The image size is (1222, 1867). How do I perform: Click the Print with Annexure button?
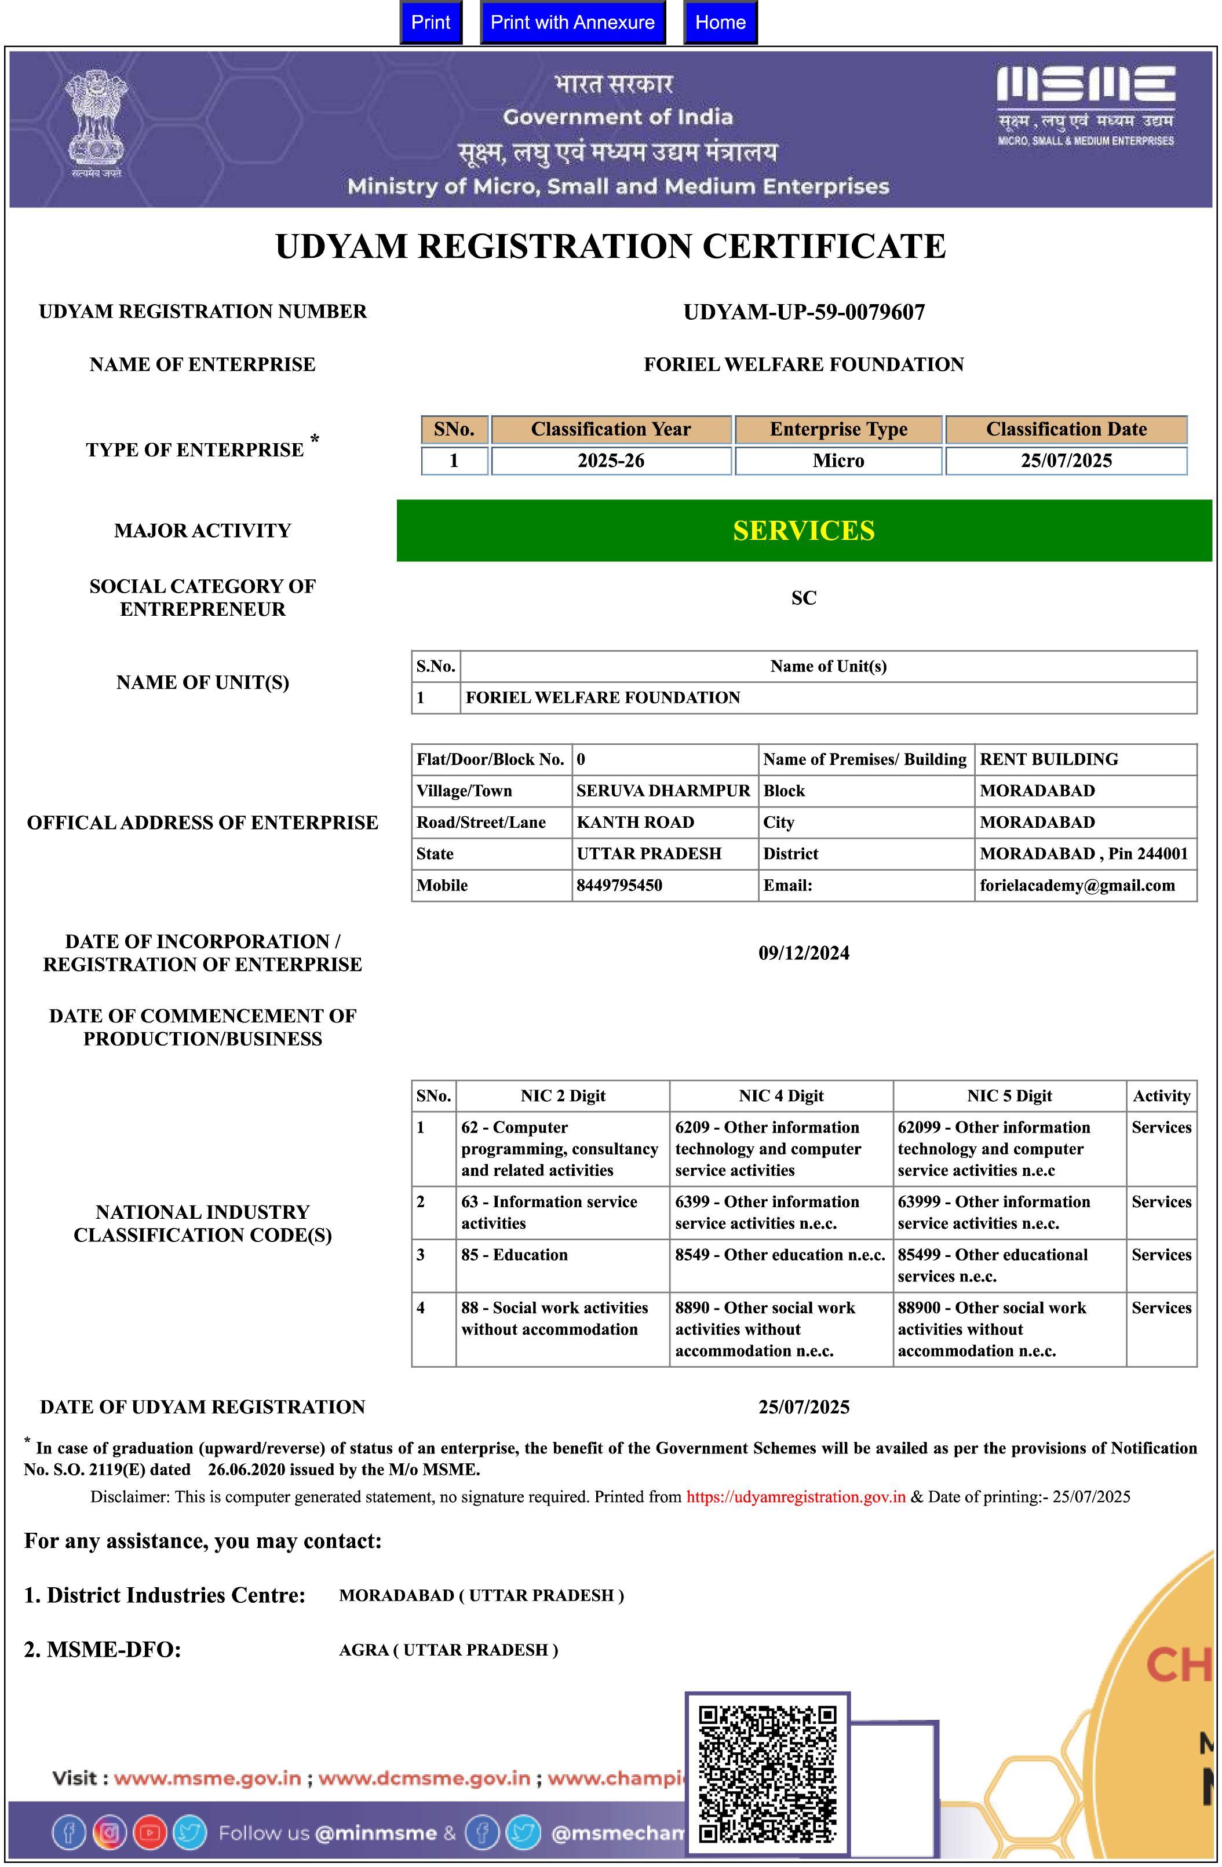click(x=572, y=22)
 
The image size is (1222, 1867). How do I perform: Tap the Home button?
click(x=720, y=22)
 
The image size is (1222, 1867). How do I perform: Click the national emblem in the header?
click(x=96, y=122)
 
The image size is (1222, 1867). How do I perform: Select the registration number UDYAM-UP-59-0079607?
click(x=804, y=312)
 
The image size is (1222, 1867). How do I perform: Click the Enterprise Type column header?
click(x=838, y=429)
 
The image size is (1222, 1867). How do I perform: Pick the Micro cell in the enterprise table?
click(x=838, y=461)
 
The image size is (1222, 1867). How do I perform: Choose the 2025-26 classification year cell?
click(x=611, y=461)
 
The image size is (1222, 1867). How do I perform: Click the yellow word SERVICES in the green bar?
click(x=804, y=531)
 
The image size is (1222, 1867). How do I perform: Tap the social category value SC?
click(x=804, y=598)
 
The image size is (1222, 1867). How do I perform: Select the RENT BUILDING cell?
click(x=1049, y=759)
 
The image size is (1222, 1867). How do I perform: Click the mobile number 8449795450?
click(x=619, y=885)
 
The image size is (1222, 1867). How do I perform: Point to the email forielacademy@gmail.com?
click(x=1077, y=885)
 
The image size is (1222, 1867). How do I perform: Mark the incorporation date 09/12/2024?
click(x=804, y=953)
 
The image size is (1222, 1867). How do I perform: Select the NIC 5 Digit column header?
click(x=1009, y=1096)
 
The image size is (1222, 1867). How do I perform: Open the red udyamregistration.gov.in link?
click(x=796, y=1497)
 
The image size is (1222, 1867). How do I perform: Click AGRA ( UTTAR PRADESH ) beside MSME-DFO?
click(x=448, y=1650)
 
